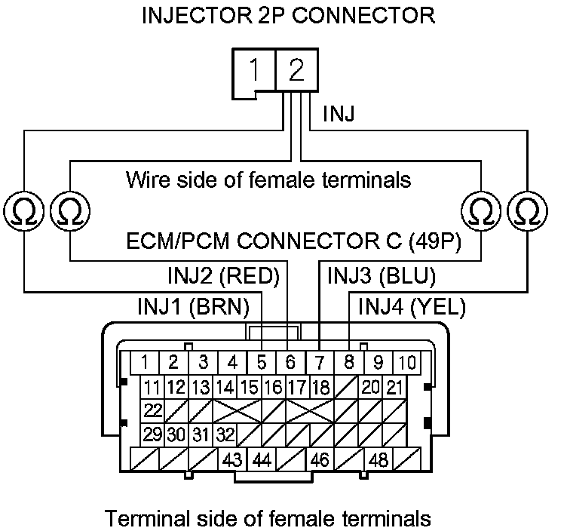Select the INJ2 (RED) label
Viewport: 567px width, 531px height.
point(222,276)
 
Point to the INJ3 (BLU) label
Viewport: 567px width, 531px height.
point(382,276)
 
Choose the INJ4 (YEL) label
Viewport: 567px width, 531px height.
point(412,307)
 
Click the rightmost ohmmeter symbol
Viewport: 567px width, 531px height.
point(525,211)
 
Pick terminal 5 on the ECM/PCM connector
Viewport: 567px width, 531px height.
point(262,362)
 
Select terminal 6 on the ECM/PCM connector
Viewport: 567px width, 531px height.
point(291,362)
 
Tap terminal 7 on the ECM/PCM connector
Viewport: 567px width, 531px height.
point(320,362)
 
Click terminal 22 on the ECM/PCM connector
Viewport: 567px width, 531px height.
point(153,411)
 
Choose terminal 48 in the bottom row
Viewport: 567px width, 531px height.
point(379,459)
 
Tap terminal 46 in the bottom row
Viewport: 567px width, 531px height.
point(320,459)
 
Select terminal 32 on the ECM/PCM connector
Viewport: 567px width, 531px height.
point(225,434)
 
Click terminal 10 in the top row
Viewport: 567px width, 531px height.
point(406,362)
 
